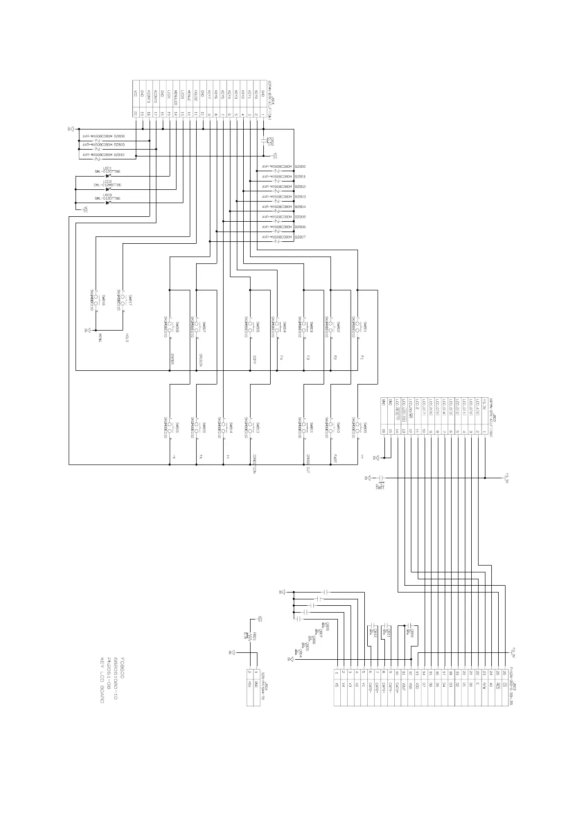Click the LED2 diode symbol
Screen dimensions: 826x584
pyautogui.click(x=108, y=189)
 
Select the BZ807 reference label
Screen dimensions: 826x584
pyautogui.click(x=300, y=237)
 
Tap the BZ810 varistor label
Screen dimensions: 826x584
pyautogui.click(x=119, y=155)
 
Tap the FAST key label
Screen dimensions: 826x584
pyautogui.click(x=335, y=459)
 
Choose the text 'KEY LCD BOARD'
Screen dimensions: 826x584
pyautogui.click(x=102, y=680)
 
